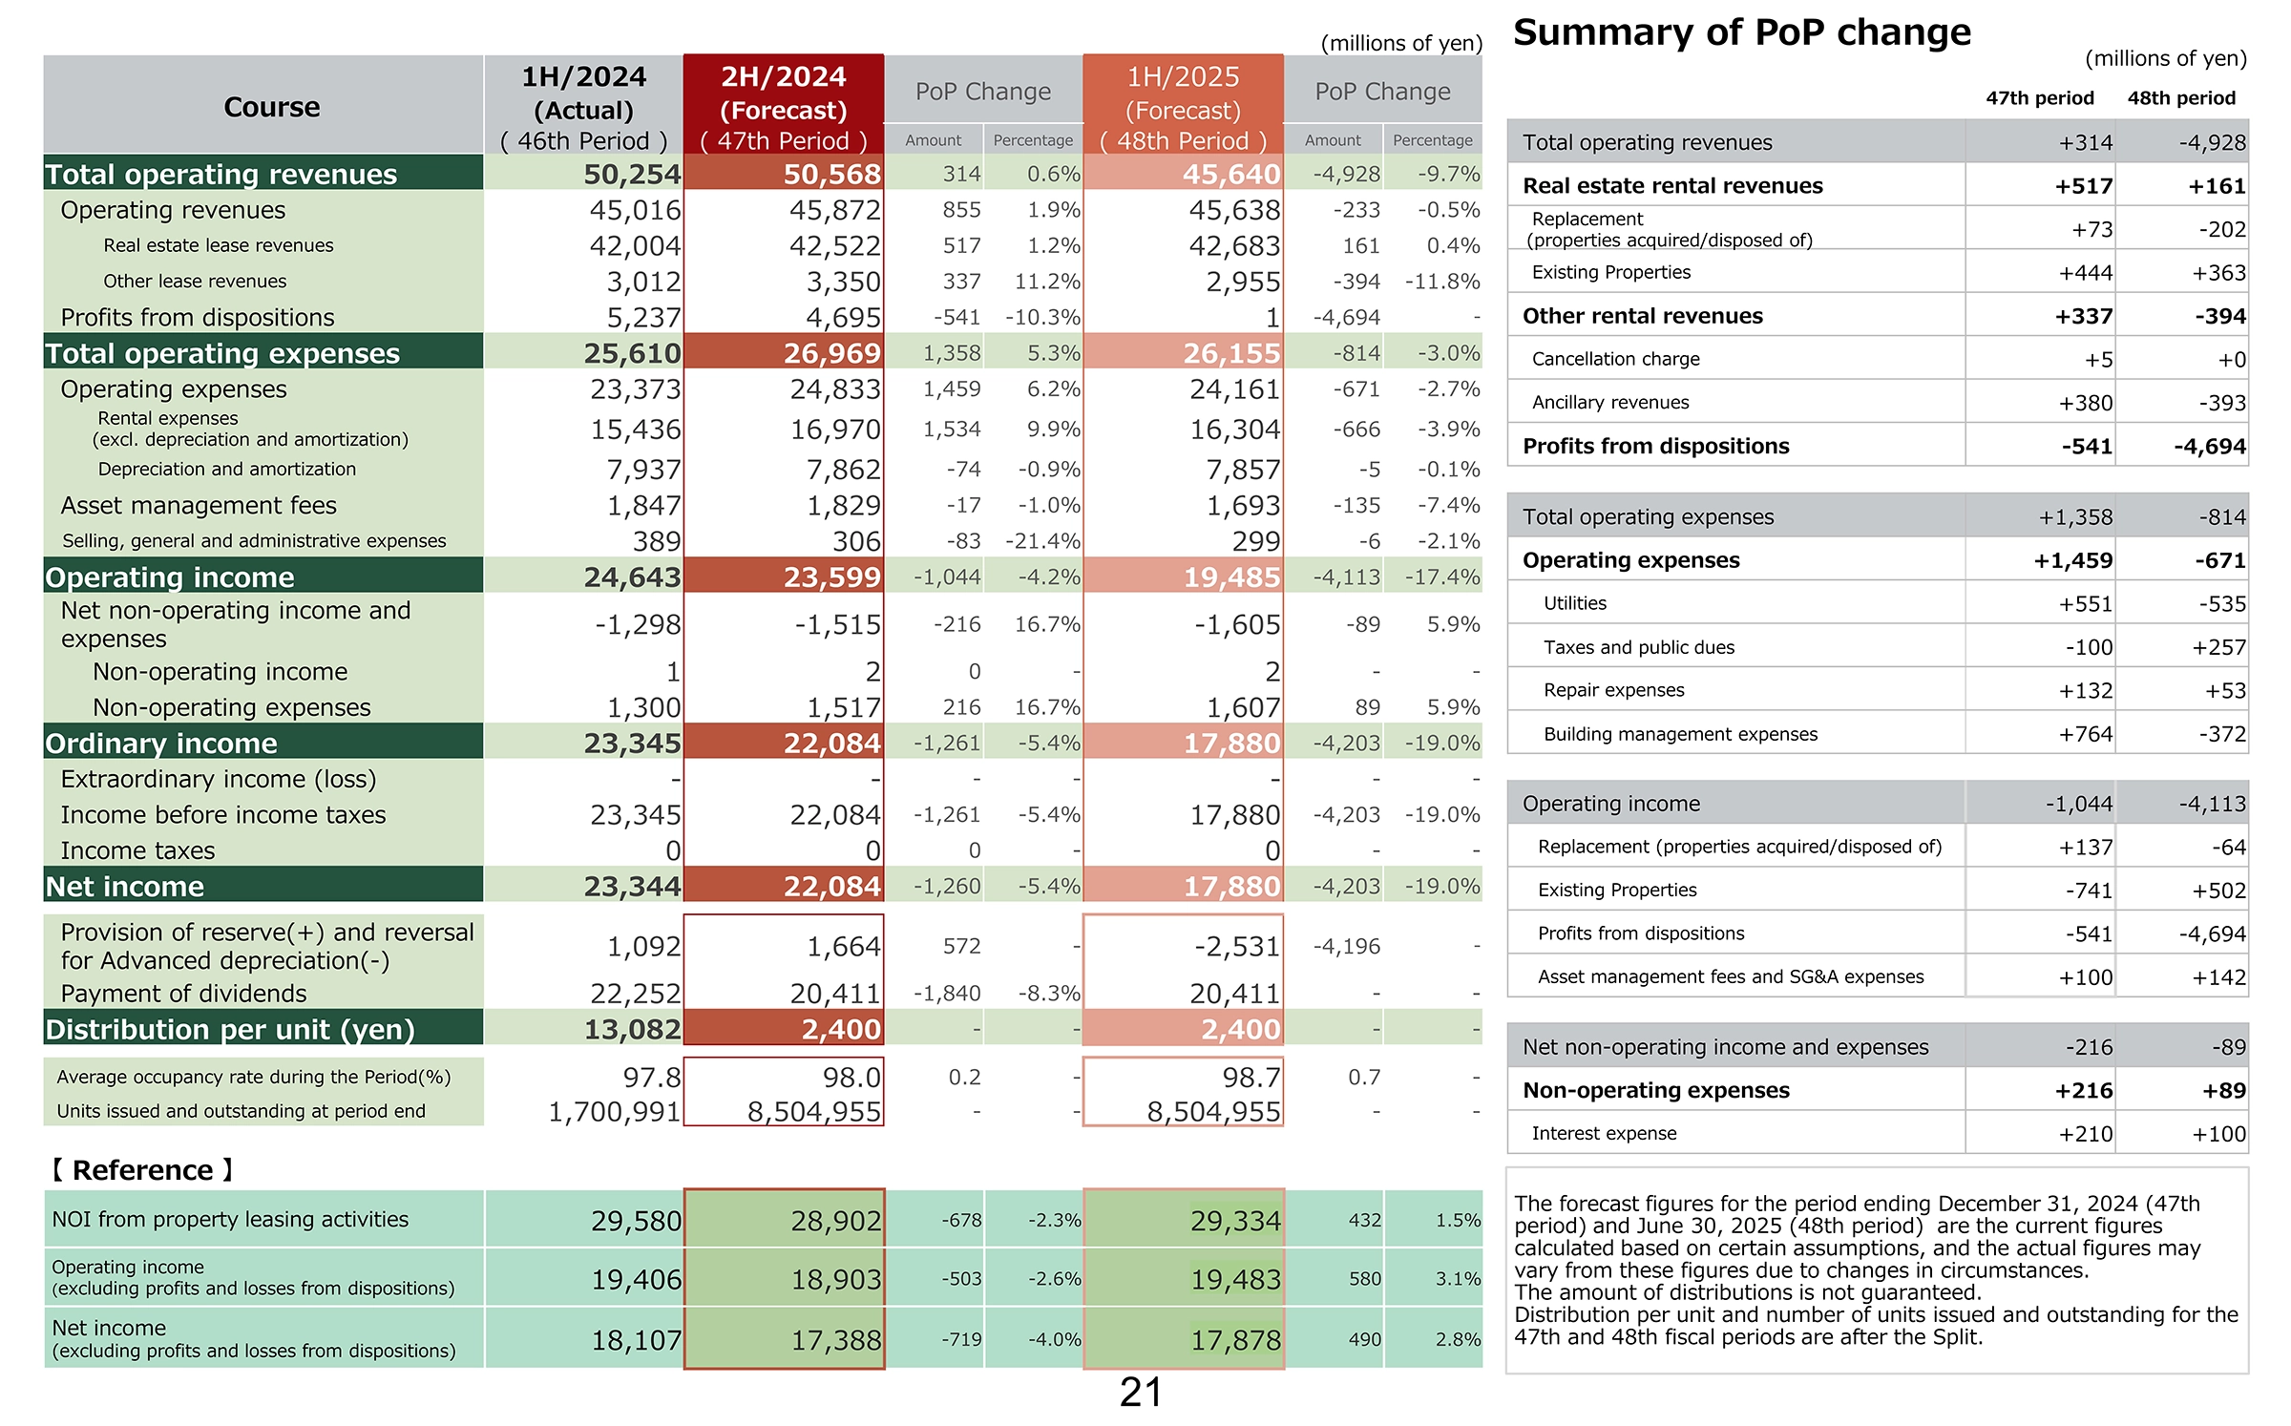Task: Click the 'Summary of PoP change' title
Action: [x=1741, y=33]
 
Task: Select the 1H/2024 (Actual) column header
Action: [x=583, y=105]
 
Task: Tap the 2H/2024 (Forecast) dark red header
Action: [x=784, y=105]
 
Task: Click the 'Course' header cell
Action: [x=272, y=106]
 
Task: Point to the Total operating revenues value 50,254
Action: [x=632, y=174]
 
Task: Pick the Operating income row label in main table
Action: [x=170, y=577]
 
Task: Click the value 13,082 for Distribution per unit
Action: [x=632, y=1029]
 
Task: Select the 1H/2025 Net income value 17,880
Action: [x=1231, y=886]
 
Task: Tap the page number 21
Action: [x=1141, y=1393]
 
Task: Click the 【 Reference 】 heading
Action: [x=142, y=1169]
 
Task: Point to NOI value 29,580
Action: [x=636, y=1220]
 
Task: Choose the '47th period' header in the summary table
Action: [x=2040, y=97]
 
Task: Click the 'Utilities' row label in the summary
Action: [x=1575, y=603]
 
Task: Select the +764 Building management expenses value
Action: [x=2086, y=734]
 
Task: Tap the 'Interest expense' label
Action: [x=1604, y=1133]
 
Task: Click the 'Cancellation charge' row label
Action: [x=1615, y=359]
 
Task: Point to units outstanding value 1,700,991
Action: [x=614, y=1111]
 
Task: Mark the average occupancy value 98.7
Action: [x=1251, y=1077]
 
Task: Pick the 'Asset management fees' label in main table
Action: [x=199, y=505]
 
